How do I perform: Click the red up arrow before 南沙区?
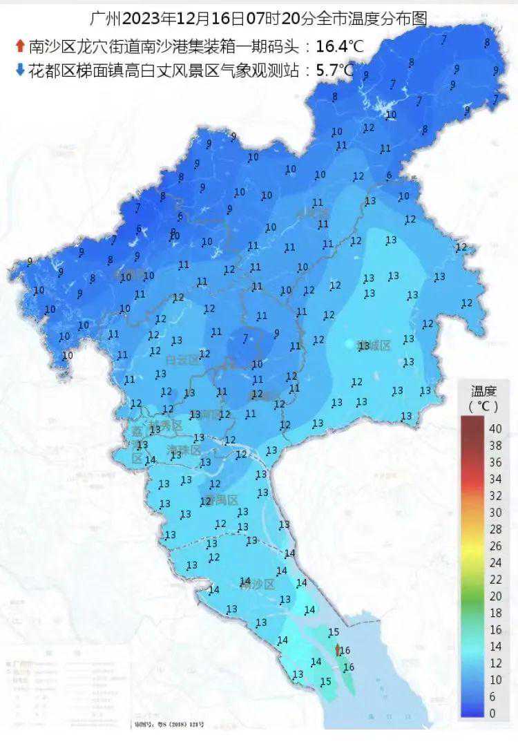pos(20,47)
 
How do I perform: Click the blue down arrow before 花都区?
pos(20,69)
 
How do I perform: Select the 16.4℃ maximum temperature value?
pos(339,47)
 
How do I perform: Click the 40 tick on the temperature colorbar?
pos(495,428)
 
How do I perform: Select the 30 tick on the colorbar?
pos(495,512)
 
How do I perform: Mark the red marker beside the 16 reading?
pos(337,650)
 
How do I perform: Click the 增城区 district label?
pos(374,345)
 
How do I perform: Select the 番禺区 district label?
pos(222,500)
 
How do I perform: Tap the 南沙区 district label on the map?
pos(260,584)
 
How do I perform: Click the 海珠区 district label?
pos(184,450)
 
